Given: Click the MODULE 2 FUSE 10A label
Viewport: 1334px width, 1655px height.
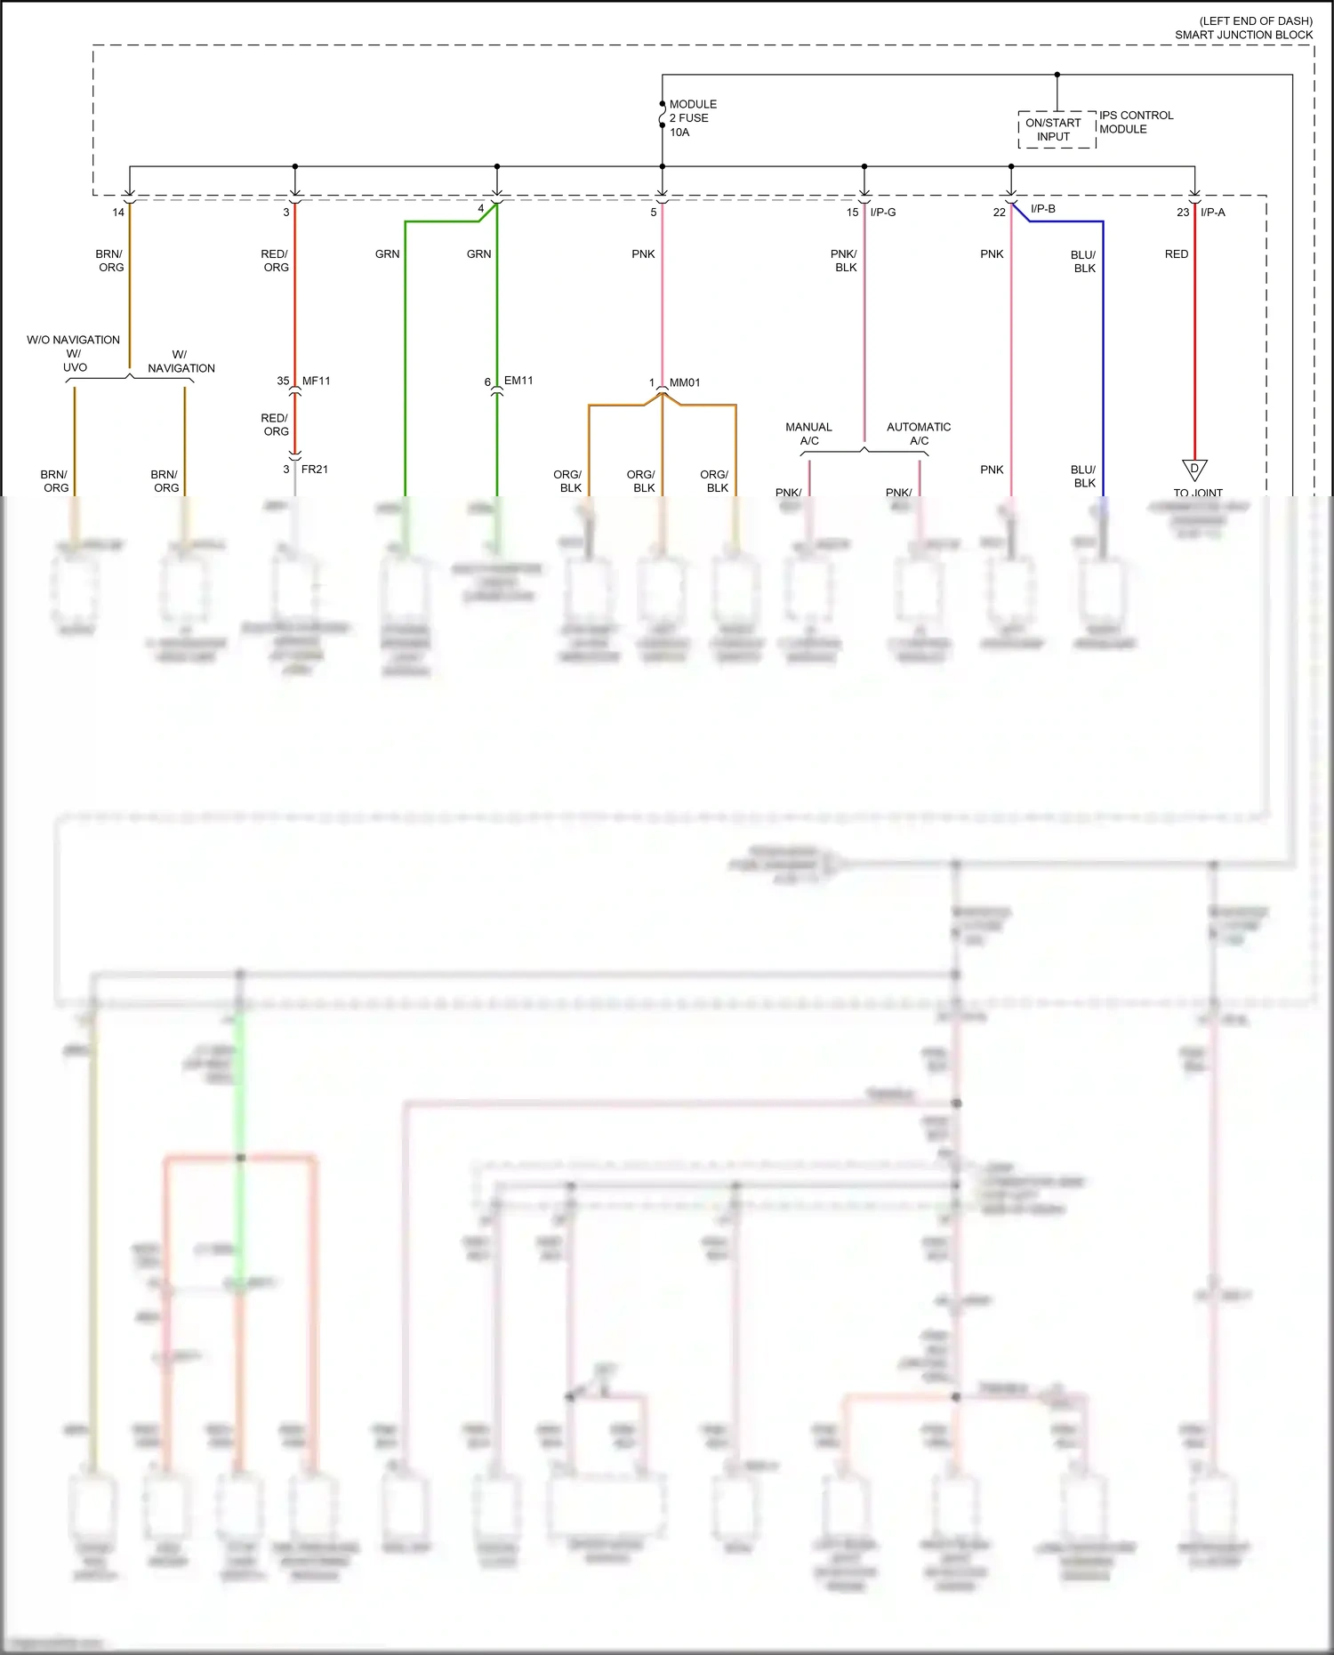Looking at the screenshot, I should (692, 118).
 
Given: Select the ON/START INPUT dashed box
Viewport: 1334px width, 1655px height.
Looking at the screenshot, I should (1057, 130).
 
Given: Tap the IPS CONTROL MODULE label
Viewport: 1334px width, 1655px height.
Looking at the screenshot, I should (1136, 122).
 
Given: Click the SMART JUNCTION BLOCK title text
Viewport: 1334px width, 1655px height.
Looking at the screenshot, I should (1243, 35).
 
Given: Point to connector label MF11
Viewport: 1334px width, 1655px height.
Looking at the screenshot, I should (316, 381).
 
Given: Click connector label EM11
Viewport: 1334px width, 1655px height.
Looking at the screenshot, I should (518, 381).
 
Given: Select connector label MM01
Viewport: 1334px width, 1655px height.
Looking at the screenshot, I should (685, 382).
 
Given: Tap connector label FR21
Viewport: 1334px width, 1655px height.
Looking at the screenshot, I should (314, 469).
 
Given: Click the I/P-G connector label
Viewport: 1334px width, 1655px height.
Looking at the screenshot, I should (883, 212).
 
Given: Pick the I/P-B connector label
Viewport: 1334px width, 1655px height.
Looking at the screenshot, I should (1042, 209).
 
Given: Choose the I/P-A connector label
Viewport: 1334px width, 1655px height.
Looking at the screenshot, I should (1212, 212).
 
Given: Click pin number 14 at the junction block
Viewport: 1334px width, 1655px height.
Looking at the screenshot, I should (118, 213).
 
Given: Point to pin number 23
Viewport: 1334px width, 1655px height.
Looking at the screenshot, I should (1182, 213).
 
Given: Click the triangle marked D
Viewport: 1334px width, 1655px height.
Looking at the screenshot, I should (1194, 469).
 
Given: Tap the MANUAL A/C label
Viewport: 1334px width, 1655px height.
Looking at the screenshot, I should (808, 434).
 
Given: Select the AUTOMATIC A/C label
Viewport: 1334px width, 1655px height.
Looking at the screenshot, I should (919, 434).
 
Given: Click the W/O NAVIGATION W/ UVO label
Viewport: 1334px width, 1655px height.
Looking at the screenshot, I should (73, 353).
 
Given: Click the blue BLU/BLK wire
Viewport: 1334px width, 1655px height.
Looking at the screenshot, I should (1103, 356).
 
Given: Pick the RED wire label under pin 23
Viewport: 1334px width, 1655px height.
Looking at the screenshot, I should (1176, 254).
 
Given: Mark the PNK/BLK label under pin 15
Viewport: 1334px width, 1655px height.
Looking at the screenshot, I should (844, 261).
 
